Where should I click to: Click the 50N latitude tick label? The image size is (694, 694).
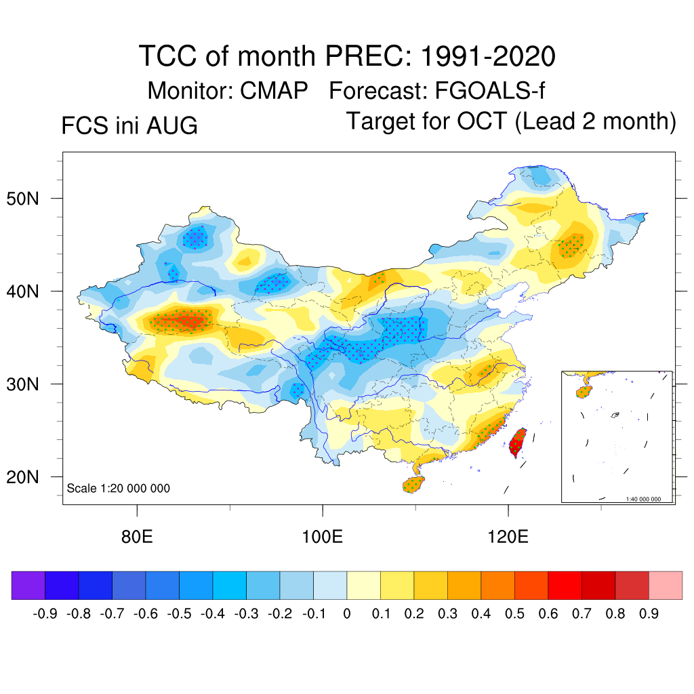(22, 199)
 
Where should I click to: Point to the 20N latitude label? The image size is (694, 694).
(22, 477)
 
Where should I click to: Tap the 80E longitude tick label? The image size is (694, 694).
(137, 537)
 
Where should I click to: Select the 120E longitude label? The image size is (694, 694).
(508, 537)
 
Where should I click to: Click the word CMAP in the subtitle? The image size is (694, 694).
(274, 91)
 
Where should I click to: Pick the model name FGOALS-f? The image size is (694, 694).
(490, 91)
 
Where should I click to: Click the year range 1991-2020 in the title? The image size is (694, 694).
(488, 56)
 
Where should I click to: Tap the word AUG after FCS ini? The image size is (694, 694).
(172, 125)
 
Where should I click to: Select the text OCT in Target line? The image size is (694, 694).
(482, 121)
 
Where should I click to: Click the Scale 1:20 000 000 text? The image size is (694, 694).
(118, 488)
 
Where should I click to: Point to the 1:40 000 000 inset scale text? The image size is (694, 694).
(643, 499)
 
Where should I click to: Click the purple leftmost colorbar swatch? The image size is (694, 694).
(28, 585)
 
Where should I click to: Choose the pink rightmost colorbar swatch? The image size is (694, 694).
(666, 585)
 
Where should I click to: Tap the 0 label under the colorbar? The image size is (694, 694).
(347, 614)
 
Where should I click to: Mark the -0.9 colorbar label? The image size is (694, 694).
(45, 614)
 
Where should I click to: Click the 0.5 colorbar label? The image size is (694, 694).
(515, 614)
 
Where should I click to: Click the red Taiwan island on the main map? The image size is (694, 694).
(517, 443)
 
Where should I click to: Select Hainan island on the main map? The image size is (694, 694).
(413, 484)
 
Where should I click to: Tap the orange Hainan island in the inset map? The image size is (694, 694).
(584, 392)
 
